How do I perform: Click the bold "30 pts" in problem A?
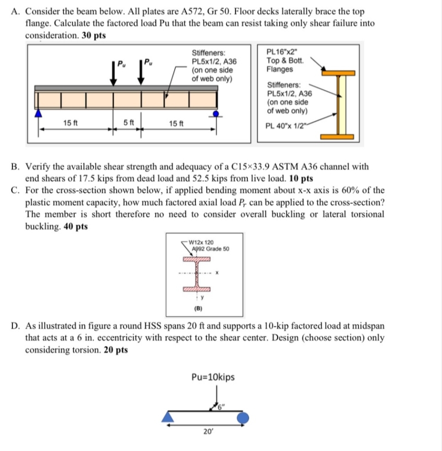(94, 36)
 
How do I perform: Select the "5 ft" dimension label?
(128, 122)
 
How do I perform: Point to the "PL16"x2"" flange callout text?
(283, 52)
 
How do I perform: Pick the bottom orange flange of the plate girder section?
(337, 137)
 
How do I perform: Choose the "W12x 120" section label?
(201, 242)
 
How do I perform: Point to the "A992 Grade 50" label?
(210, 249)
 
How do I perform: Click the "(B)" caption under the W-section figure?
(198, 308)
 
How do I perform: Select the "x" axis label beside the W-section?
(218, 273)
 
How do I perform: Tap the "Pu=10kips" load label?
(213, 377)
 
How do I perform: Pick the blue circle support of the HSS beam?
(243, 417)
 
